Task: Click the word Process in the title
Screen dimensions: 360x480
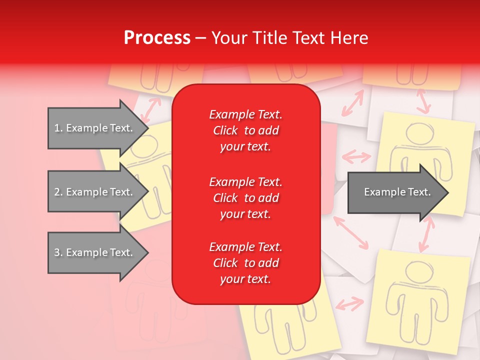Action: [x=157, y=38]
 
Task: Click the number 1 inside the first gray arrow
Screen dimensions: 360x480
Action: [x=57, y=128]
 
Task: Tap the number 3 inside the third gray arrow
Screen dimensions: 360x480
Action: [x=57, y=252]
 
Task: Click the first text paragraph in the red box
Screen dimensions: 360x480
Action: [x=245, y=130]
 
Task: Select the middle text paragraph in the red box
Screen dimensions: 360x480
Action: [x=245, y=198]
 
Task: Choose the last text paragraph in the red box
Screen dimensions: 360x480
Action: [x=245, y=263]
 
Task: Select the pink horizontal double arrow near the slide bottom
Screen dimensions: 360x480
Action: [x=349, y=303]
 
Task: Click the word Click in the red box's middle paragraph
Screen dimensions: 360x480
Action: [x=225, y=198]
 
